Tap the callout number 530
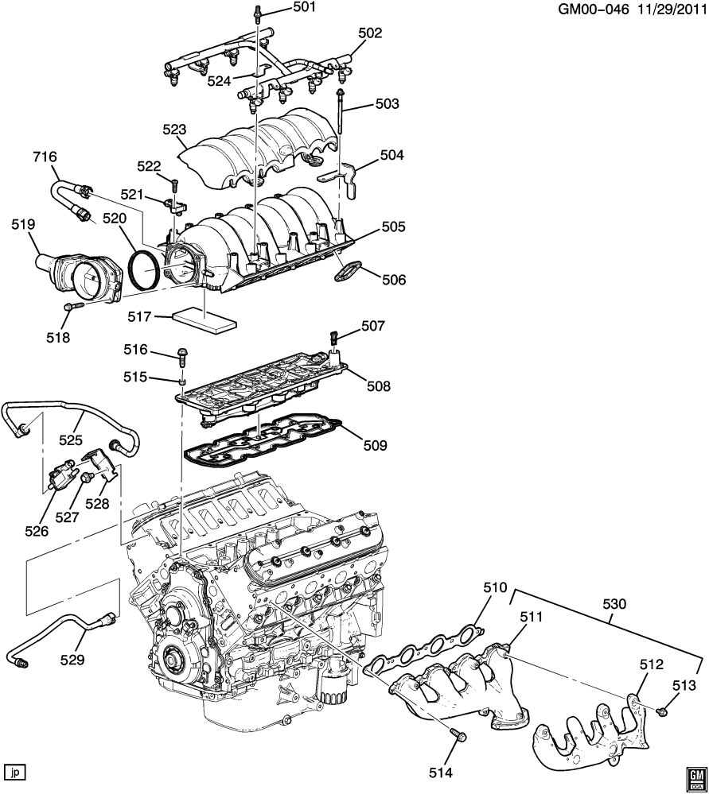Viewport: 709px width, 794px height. (615, 604)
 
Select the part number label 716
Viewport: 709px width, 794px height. (45, 157)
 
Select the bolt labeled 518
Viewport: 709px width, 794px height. (73, 306)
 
